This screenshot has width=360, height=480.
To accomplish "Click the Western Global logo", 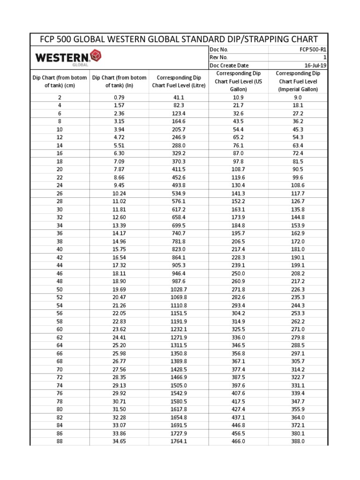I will [x=68, y=58].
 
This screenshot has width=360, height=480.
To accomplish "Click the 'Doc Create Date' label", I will [x=229, y=66].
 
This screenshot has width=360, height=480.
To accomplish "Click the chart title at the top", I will [x=180, y=39].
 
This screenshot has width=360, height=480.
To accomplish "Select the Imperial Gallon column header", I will [x=298, y=81].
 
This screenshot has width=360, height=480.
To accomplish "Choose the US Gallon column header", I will [x=238, y=81].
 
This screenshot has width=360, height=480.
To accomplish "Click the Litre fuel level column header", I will [x=179, y=81].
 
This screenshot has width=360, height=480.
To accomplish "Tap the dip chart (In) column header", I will [x=119, y=81].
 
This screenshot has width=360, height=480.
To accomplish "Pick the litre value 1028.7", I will [x=179, y=290].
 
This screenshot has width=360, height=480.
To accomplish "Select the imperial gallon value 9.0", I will [x=298, y=97].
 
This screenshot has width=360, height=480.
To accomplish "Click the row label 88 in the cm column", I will [x=60, y=441].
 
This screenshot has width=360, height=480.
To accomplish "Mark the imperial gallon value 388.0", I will [x=298, y=441].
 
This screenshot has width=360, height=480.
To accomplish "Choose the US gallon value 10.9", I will [x=238, y=97].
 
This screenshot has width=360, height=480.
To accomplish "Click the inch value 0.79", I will [x=119, y=97].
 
